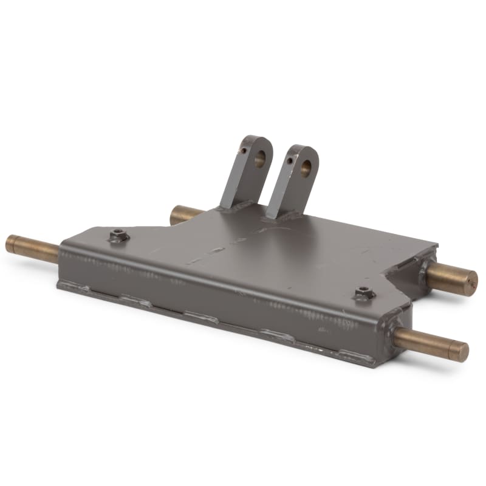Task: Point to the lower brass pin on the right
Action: tap(431, 344)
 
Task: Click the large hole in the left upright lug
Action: tap(259, 159)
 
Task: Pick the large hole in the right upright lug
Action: tap(306, 168)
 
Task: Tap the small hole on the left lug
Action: tap(244, 151)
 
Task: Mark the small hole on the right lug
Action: tap(291, 160)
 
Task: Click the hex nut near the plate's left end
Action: tap(118, 235)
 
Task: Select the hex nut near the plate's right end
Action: tap(364, 292)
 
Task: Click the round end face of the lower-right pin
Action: tap(462, 352)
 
